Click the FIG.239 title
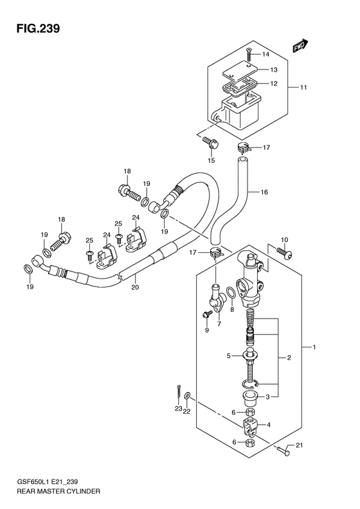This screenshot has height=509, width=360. click(39, 29)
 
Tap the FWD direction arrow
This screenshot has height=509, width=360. click(300, 46)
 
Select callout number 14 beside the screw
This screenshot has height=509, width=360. click(265, 54)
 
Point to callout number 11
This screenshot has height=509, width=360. click(303, 88)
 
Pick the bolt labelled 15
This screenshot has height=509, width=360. click(211, 143)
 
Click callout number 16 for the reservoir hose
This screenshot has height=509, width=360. click(264, 192)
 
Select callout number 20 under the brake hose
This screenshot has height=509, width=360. click(135, 287)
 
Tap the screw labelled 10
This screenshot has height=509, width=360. click(283, 252)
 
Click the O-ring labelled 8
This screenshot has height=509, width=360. click(231, 292)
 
